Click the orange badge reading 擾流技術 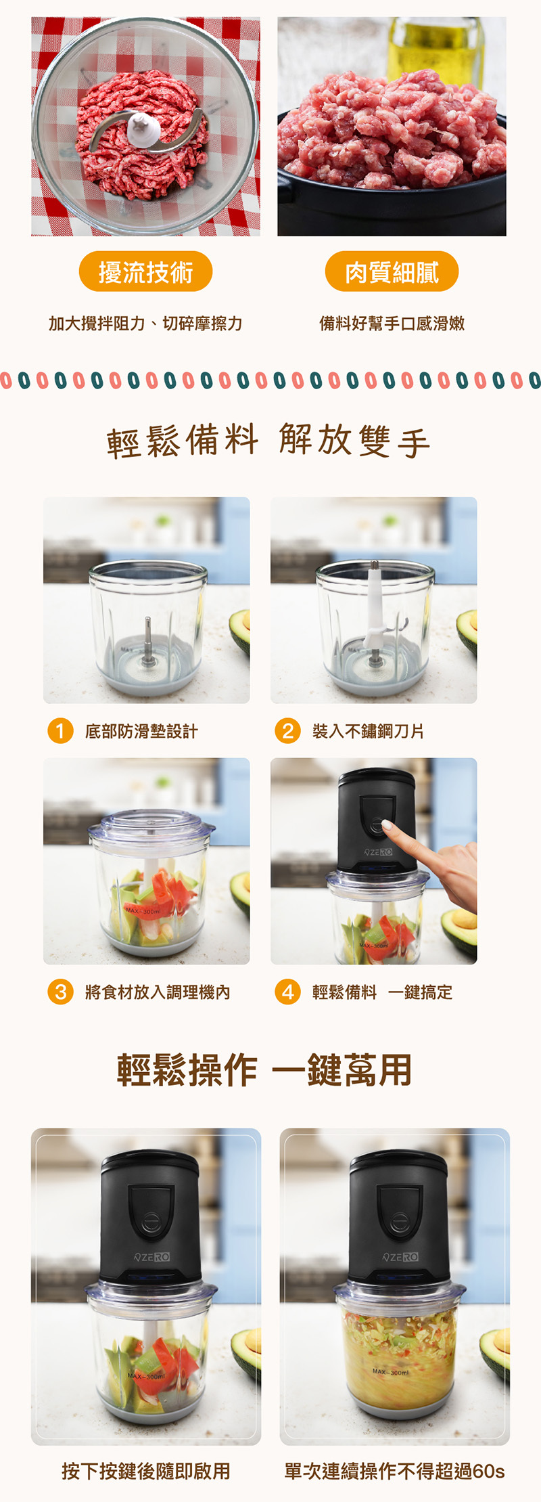pyautogui.click(x=145, y=272)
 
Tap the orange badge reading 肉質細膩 pyautogui.click(x=392, y=272)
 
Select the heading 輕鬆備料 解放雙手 pyautogui.click(x=268, y=441)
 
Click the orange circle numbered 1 pyautogui.click(x=60, y=731)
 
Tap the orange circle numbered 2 pyautogui.click(x=287, y=731)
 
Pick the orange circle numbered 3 pyautogui.click(x=60, y=992)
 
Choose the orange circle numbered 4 pyautogui.click(x=287, y=992)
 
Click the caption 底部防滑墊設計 pyautogui.click(x=141, y=731)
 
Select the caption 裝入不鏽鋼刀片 pyautogui.click(x=368, y=731)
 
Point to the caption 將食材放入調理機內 pyautogui.click(x=158, y=992)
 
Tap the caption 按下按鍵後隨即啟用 pyautogui.click(x=146, y=1471)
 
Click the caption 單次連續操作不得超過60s pyautogui.click(x=394, y=1471)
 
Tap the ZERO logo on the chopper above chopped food pyautogui.click(x=400, y=1257)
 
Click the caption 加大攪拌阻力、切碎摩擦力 pyautogui.click(x=145, y=324)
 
